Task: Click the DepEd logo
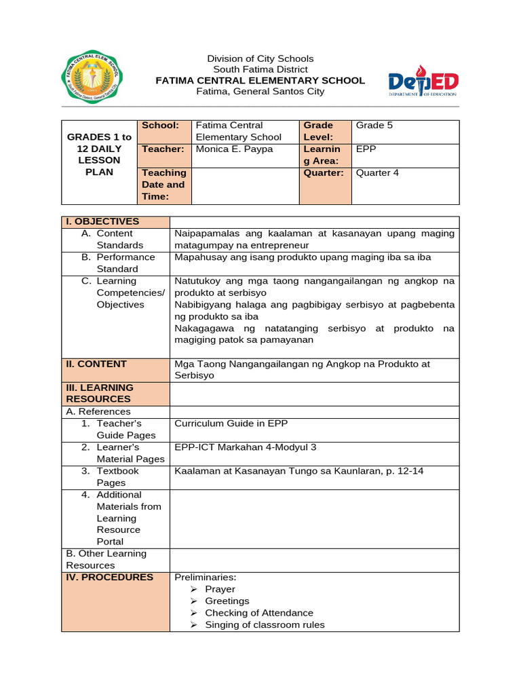point(423,82)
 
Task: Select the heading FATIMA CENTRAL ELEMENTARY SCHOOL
point(260,80)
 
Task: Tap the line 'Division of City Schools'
point(260,58)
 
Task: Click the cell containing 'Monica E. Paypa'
point(234,149)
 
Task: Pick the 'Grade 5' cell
point(374,126)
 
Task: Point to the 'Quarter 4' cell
point(378,172)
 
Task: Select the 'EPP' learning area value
point(366,149)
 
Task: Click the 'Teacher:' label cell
point(163,149)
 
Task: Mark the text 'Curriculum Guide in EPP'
point(231,423)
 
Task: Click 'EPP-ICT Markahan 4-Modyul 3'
point(246,447)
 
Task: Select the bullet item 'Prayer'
point(220,589)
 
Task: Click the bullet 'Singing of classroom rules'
point(265,624)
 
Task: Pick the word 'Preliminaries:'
point(205,577)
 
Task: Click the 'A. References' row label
point(98,411)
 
